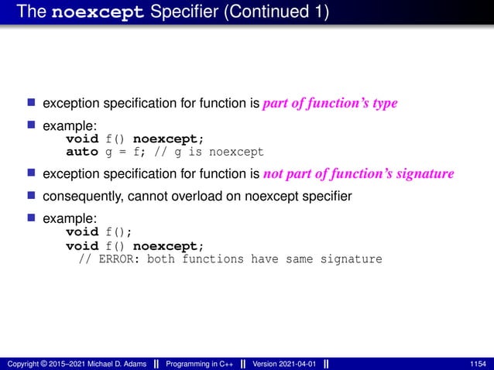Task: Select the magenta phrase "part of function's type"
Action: [x=330, y=104]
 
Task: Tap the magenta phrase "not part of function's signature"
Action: [x=358, y=174]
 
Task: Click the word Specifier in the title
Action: [x=180, y=14]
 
